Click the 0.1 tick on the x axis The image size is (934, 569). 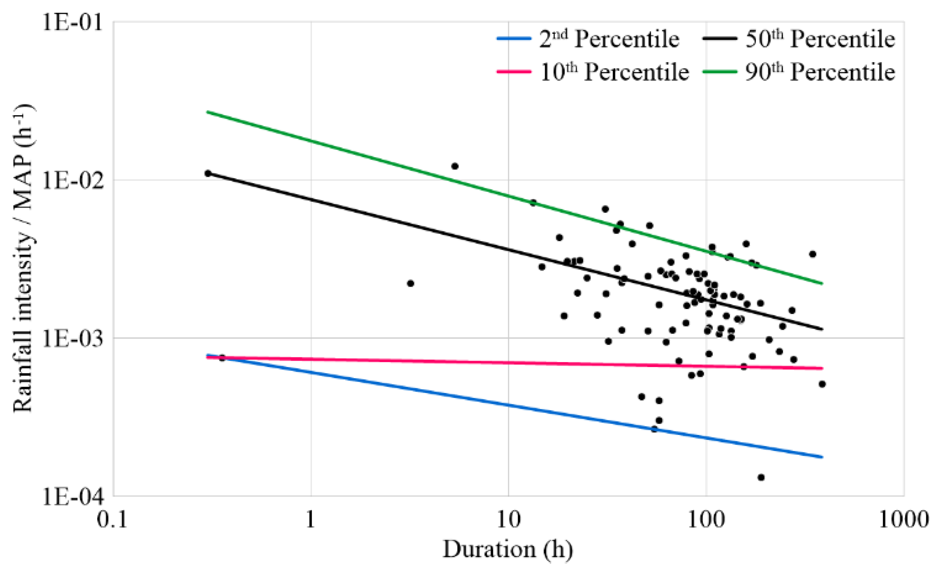coord(113,520)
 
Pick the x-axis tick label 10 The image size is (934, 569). coord(508,520)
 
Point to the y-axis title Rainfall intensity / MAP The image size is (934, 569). coord(23,258)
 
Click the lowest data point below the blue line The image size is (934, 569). coord(761,478)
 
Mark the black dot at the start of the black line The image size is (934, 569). coord(208,173)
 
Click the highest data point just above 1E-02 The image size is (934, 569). coord(455,166)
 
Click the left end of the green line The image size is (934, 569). coord(207,112)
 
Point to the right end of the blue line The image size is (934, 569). coord(822,457)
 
